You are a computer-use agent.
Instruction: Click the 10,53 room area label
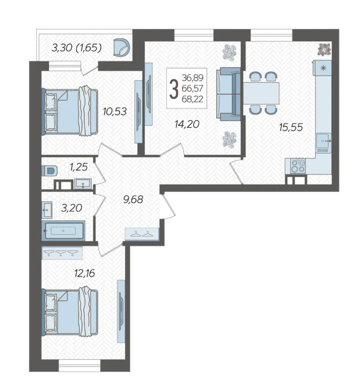[115, 112]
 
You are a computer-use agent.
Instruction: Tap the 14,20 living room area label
[187, 124]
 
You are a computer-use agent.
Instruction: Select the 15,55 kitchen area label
[291, 127]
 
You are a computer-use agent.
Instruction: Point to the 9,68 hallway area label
[133, 199]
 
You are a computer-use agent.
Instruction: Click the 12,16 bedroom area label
[85, 273]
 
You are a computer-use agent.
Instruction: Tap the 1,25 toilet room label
[78, 167]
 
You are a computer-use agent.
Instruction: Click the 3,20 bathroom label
[71, 208]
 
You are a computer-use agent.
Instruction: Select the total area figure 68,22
[193, 99]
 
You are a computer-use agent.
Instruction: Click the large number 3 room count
[174, 89]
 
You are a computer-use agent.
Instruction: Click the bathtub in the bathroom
[63, 230]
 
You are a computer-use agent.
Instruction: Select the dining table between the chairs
[261, 93]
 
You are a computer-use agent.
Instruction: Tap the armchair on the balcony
[121, 47]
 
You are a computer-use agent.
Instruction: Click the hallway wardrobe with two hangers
[142, 234]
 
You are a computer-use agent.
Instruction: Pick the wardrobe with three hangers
[62, 252]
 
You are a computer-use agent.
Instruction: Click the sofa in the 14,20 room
[229, 94]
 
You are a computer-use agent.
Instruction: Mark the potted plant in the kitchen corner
[325, 49]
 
